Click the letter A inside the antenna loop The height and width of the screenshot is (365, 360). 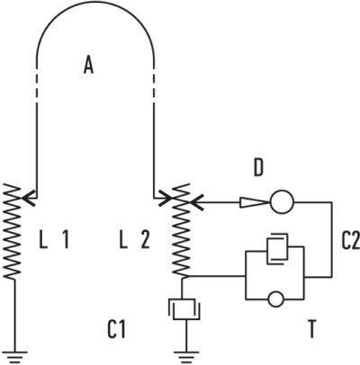(x=88, y=66)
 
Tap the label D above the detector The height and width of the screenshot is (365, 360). (x=258, y=168)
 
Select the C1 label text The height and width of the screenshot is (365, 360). (x=116, y=330)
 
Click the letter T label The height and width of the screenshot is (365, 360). (x=312, y=329)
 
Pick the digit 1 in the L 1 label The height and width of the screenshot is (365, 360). (x=66, y=240)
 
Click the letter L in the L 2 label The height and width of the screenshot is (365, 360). (x=123, y=240)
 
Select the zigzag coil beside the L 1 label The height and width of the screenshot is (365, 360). (x=13, y=231)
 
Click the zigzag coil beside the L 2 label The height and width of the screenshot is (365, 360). (x=182, y=230)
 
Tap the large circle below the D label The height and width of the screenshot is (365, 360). (x=282, y=202)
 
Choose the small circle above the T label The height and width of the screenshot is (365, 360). (x=275, y=299)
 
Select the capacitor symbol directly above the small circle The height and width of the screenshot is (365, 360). (x=277, y=249)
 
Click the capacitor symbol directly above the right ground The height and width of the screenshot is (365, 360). (x=184, y=308)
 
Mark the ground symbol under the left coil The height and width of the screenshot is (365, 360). (x=13, y=358)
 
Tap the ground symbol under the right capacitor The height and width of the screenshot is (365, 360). (x=186, y=358)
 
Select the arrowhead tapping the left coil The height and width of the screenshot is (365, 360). (x=29, y=199)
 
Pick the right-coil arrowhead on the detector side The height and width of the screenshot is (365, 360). (x=197, y=202)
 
